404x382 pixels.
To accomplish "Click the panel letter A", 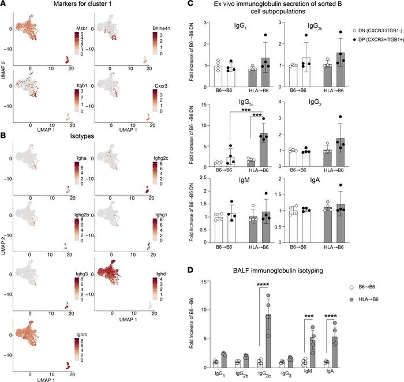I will (5, 5).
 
